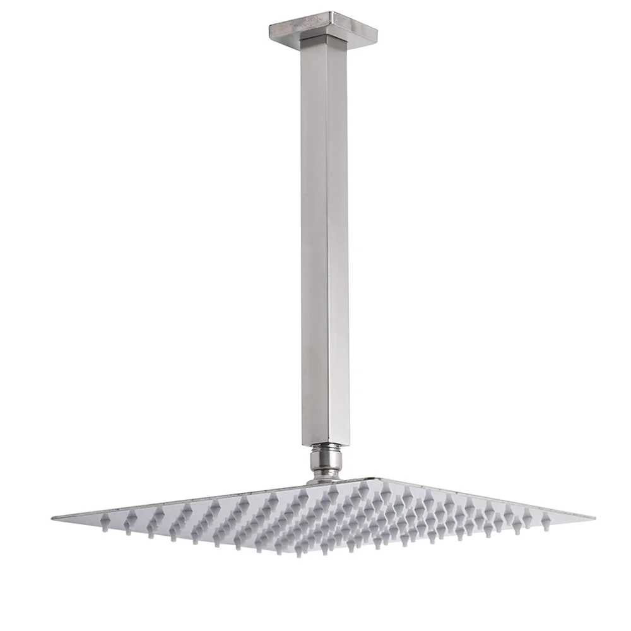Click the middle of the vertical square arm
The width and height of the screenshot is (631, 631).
[x=324, y=240]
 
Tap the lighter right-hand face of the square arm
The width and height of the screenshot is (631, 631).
[x=338, y=240]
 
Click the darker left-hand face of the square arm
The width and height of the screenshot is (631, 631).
[x=313, y=240]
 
